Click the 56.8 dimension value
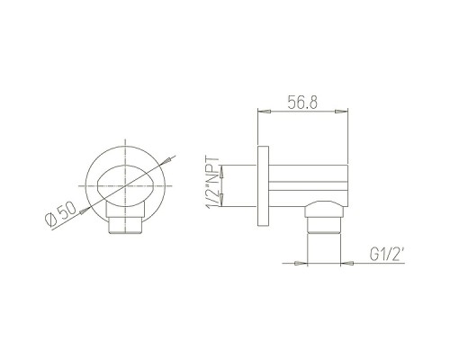coord(302,102)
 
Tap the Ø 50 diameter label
coord(61,214)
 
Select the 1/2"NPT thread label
coord(212,183)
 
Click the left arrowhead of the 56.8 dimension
coord(265,112)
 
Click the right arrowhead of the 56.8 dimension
coord(341,112)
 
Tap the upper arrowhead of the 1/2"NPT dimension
coord(221,171)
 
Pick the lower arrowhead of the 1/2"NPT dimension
coord(221,200)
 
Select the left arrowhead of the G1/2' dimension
coord(301,263)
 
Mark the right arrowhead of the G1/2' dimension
coord(347,263)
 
